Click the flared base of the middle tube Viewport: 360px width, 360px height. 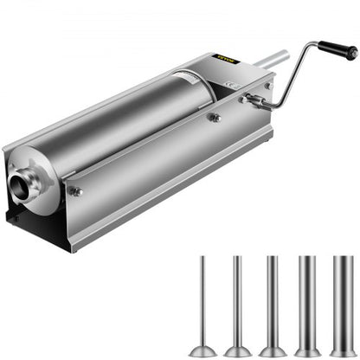click(271, 350)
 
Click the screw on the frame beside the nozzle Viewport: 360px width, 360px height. click(76, 191)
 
